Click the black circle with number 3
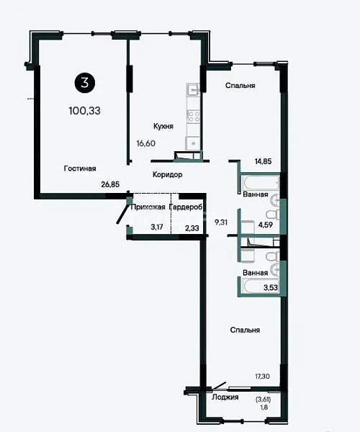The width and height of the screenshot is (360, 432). [x=84, y=83]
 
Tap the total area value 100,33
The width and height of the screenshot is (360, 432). [x=84, y=111]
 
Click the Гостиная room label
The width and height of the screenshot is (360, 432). [x=80, y=168]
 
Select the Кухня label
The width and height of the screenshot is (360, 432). [x=163, y=127]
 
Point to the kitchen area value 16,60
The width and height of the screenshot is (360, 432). [x=146, y=143]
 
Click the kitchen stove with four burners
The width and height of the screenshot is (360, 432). [x=194, y=116]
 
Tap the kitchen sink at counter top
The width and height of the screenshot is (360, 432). [x=193, y=89]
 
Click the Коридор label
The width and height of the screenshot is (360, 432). [x=168, y=174]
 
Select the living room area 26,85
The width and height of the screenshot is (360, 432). [x=110, y=184]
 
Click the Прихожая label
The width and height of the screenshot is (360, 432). [x=148, y=207]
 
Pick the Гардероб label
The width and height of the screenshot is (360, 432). [x=186, y=207]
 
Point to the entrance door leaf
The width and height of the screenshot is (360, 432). [x=122, y=214]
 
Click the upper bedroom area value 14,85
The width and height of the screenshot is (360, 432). [x=263, y=161]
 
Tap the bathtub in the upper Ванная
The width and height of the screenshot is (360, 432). [x=261, y=183]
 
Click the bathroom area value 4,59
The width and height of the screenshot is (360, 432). [x=265, y=225]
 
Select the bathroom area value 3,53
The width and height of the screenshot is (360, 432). [x=271, y=288]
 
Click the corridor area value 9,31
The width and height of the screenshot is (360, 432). [x=221, y=222]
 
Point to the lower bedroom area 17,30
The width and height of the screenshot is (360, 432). [x=262, y=376]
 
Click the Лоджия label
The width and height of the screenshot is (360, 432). [x=225, y=397]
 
